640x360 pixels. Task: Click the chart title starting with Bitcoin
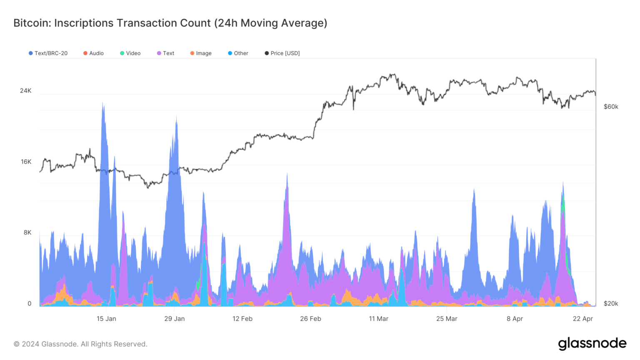coord(170,23)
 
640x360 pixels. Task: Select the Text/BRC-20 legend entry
coord(48,53)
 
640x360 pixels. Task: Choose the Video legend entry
coord(130,53)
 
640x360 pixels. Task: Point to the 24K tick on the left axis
coord(26,91)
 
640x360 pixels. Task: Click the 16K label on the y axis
coord(26,162)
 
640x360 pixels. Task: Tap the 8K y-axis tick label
coord(27,232)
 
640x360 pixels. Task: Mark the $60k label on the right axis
coord(611,107)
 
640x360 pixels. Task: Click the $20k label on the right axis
coord(611,303)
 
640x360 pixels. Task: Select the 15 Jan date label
coord(106,319)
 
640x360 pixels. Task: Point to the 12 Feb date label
coord(242,319)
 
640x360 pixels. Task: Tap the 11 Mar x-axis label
coord(378,319)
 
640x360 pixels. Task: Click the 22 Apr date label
coord(582,319)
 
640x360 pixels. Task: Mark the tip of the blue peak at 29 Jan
coord(176,117)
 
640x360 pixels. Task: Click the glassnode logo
coord(592,343)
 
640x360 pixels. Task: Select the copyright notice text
coord(80,344)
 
